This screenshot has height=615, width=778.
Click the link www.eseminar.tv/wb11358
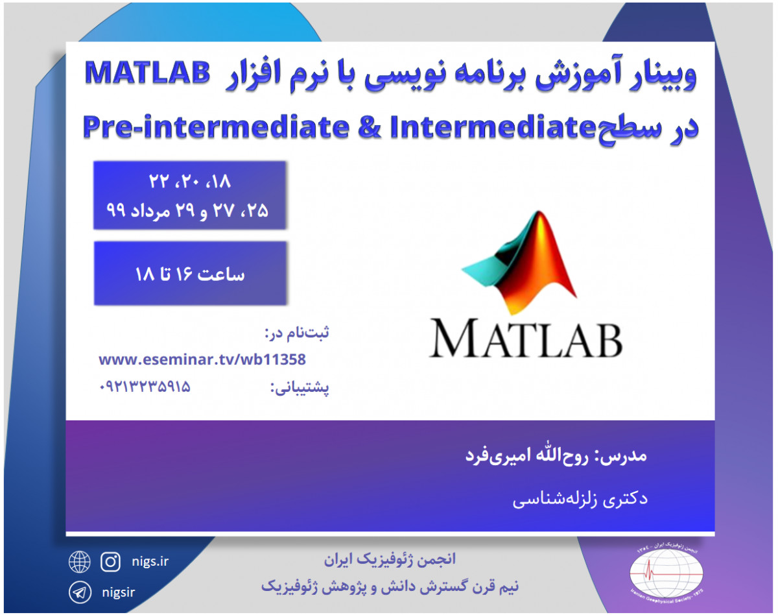pos(202,359)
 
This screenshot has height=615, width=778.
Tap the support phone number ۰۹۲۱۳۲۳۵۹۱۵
pos(145,387)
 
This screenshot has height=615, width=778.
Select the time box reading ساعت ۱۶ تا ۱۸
pos(190,274)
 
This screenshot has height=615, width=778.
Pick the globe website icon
pos(79,562)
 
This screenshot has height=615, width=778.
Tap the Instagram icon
pos(111,562)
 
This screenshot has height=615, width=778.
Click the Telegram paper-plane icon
pos(79,592)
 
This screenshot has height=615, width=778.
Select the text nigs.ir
pos(150,561)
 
